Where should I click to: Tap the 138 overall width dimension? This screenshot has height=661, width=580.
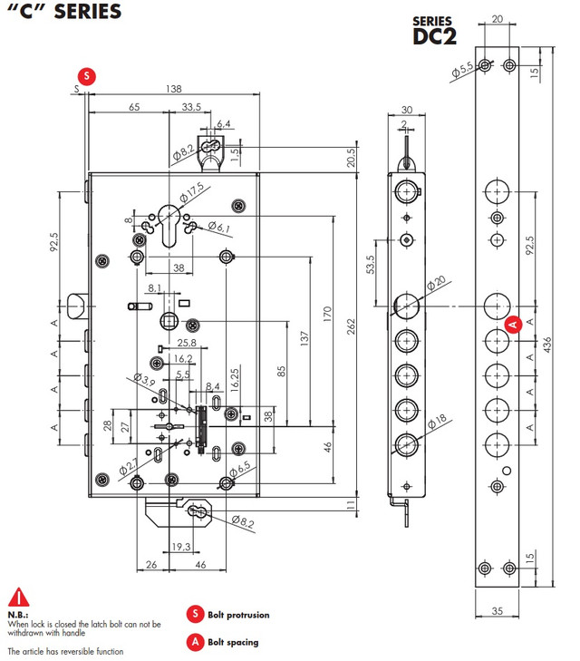pyautogui.click(x=174, y=89)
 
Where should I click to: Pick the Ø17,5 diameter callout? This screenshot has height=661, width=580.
pyautogui.click(x=191, y=193)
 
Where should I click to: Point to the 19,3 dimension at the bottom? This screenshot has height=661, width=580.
pyautogui.click(x=180, y=547)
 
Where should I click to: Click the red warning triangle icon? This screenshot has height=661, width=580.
pyautogui.click(x=18, y=598)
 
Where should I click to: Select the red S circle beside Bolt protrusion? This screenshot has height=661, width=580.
pyautogui.click(x=194, y=614)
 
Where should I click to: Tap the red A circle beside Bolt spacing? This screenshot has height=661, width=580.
pyautogui.click(x=194, y=642)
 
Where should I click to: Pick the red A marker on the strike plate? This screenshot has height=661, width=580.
pyautogui.click(x=512, y=322)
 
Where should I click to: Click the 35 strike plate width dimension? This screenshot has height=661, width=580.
pyautogui.click(x=497, y=611)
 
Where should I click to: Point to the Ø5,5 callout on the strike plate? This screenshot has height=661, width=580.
pyautogui.click(x=462, y=68)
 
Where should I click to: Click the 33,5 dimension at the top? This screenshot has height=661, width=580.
pyautogui.click(x=191, y=107)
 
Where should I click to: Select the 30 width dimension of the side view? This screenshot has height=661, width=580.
pyautogui.click(x=406, y=110)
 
